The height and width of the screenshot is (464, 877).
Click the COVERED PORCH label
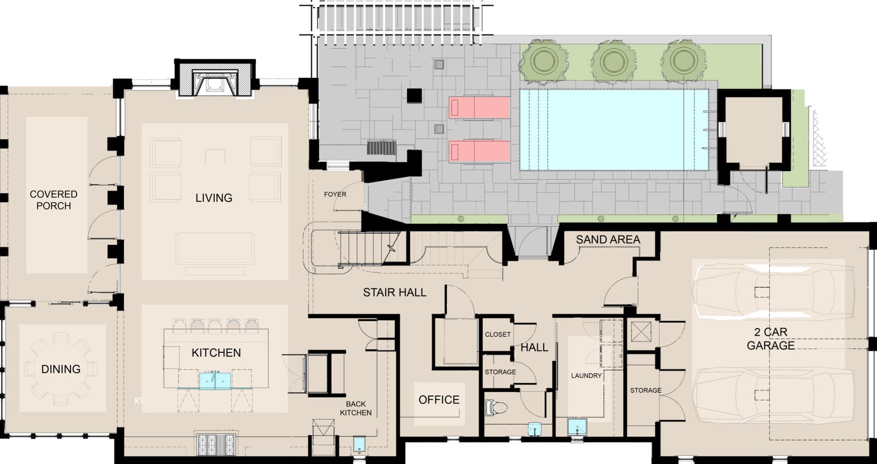point(53,200)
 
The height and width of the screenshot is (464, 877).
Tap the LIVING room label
point(214,198)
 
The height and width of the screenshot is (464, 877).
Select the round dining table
point(61,369)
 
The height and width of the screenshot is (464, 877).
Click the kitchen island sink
point(215,380)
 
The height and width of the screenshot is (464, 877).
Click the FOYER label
point(335,194)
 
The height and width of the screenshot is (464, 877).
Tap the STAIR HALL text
point(395,292)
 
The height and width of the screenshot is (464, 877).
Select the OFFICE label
point(439,399)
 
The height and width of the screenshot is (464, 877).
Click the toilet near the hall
point(495,407)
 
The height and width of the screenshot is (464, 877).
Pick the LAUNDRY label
point(586,376)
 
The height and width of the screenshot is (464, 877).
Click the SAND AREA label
point(608,240)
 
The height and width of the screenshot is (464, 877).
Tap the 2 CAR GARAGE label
point(771,338)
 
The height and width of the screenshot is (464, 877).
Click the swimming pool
point(614,130)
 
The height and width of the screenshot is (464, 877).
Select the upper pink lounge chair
point(479,107)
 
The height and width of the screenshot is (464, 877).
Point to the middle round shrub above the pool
point(614,61)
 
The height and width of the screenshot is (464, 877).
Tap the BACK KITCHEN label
point(356,408)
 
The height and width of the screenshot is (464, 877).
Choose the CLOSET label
point(498,335)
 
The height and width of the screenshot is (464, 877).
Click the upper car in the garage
point(773,292)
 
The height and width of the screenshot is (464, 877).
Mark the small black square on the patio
point(414,95)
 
